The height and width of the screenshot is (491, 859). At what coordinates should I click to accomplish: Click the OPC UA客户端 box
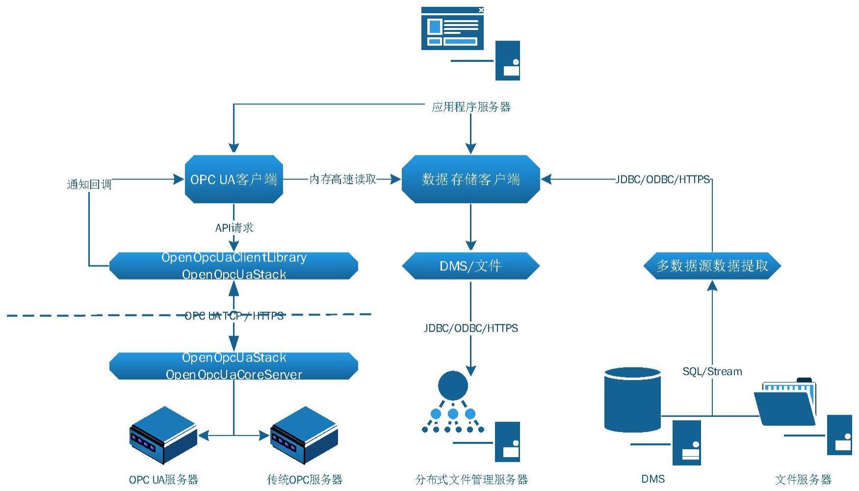point(234,179)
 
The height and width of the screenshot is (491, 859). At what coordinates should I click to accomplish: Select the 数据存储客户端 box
point(471,179)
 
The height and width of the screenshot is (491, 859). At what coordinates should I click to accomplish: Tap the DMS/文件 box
point(471,266)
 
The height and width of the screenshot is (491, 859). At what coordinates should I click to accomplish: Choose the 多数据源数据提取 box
point(712,266)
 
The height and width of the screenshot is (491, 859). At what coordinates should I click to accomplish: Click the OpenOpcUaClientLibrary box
point(234,266)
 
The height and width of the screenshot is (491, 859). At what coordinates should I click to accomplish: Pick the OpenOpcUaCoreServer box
point(234,366)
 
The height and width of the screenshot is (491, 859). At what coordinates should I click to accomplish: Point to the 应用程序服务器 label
point(471,107)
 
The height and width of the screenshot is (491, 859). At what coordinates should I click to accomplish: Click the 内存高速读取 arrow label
point(343,180)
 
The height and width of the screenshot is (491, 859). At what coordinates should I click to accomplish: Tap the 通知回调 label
point(89,184)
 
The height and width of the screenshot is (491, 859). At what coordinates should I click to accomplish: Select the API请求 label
point(234,228)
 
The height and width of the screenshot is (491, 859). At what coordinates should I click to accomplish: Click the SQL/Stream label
point(712,371)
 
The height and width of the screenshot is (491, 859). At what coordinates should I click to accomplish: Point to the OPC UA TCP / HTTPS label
point(234,316)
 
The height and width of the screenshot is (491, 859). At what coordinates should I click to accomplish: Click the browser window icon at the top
point(452,28)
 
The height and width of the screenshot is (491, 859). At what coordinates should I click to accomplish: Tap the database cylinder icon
point(632,400)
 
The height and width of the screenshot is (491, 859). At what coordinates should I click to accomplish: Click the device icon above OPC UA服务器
point(163,435)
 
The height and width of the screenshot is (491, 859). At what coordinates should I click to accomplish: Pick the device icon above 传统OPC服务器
point(304,435)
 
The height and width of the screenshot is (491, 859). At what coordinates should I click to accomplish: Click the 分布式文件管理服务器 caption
point(471,479)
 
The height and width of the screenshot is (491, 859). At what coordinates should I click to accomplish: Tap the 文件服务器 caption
point(804,479)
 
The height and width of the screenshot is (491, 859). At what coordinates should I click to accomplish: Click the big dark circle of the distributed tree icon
point(453,386)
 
